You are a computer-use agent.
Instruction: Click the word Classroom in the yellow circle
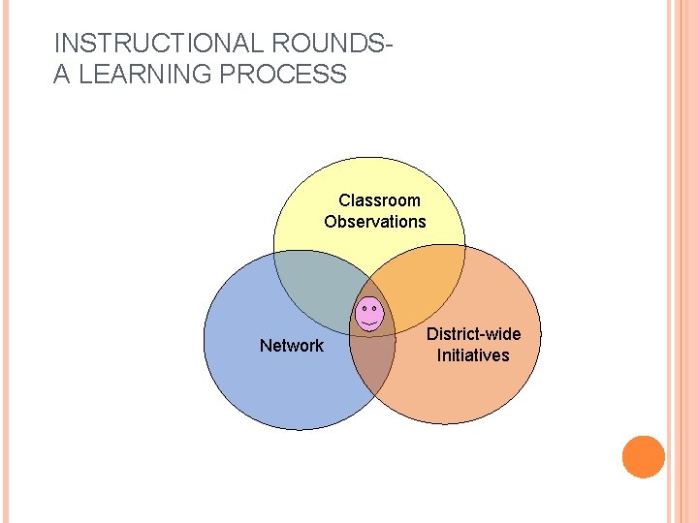coord(379,200)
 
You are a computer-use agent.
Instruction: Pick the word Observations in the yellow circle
coord(375,222)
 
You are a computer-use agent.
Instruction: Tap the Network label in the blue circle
coord(292,346)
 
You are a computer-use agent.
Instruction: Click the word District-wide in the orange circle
coord(474,334)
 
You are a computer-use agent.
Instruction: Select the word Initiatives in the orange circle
coord(473,355)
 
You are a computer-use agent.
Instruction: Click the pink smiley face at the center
coord(368,314)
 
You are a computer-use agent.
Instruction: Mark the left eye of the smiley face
coord(363,308)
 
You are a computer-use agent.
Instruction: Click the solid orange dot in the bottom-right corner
coord(644,457)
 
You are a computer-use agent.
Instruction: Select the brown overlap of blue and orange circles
coord(373,363)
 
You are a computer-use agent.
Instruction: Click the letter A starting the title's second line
coord(62,75)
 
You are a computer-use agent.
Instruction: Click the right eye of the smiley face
coord(374,308)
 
